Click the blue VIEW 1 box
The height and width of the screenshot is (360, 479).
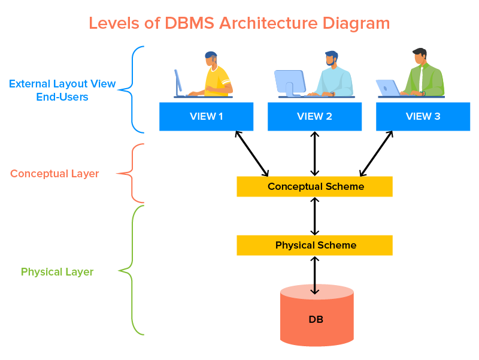point(206,116)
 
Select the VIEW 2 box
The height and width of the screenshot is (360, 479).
point(314,116)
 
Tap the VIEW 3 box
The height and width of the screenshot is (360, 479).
point(423,116)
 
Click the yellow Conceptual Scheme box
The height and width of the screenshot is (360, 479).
point(314,186)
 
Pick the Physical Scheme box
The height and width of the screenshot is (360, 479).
point(314,245)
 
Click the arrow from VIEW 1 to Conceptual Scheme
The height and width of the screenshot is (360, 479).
point(252,153)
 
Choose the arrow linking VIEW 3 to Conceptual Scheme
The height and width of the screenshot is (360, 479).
point(377,153)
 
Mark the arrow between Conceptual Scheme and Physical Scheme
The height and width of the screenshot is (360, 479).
point(314,216)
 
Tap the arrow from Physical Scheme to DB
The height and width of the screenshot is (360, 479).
point(314,274)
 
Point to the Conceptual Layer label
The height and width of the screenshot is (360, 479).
point(54,174)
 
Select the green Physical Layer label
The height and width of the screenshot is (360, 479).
point(57,272)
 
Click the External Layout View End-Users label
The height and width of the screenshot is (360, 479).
point(62,90)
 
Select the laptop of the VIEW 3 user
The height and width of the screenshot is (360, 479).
point(388,87)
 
